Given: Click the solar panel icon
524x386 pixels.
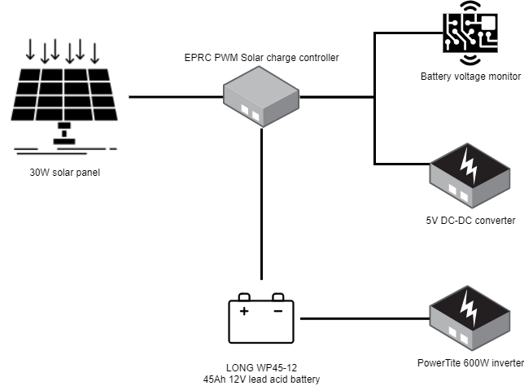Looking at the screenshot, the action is pyautogui.click(x=64, y=97).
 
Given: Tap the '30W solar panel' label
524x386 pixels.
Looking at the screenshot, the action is pyautogui.click(x=65, y=173).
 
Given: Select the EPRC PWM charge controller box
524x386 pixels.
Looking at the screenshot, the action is pyautogui.click(x=261, y=97).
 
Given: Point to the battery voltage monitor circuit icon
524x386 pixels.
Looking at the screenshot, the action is pyautogui.click(x=470, y=33).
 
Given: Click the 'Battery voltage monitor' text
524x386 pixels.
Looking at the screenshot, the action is pyautogui.click(x=470, y=77).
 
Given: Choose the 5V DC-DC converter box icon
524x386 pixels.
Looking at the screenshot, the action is pyautogui.click(x=469, y=176).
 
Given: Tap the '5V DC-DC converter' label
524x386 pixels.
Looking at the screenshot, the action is pyautogui.click(x=470, y=221).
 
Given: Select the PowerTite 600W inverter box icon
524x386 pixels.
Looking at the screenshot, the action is pyautogui.click(x=469, y=318).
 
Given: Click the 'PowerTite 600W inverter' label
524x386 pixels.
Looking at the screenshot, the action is pyautogui.click(x=470, y=363).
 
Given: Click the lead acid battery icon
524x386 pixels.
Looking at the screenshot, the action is pyautogui.click(x=261, y=318).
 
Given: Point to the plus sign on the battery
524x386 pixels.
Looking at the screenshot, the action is pyautogui.click(x=244, y=311).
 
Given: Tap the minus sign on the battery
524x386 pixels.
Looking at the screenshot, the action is pyautogui.click(x=278, y=311).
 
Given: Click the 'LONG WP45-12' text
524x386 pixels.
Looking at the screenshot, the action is pyautogui.click(x=261, y=368).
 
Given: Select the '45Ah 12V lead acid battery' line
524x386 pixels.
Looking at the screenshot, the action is pyautogui.click(x=261, y=379).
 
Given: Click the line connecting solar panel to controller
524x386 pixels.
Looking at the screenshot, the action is pyautogui.click(x=176, y=97).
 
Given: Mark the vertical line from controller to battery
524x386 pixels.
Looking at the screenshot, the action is pyautogui.click(x=261, y=204).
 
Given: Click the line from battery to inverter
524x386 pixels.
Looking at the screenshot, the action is pyautogui.click(x=365, y=318).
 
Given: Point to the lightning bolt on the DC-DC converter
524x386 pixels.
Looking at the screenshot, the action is pyautogui.click(x=469, y=166).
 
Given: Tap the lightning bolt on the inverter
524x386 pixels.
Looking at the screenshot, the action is pyautogui.click(x=469, y=309).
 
